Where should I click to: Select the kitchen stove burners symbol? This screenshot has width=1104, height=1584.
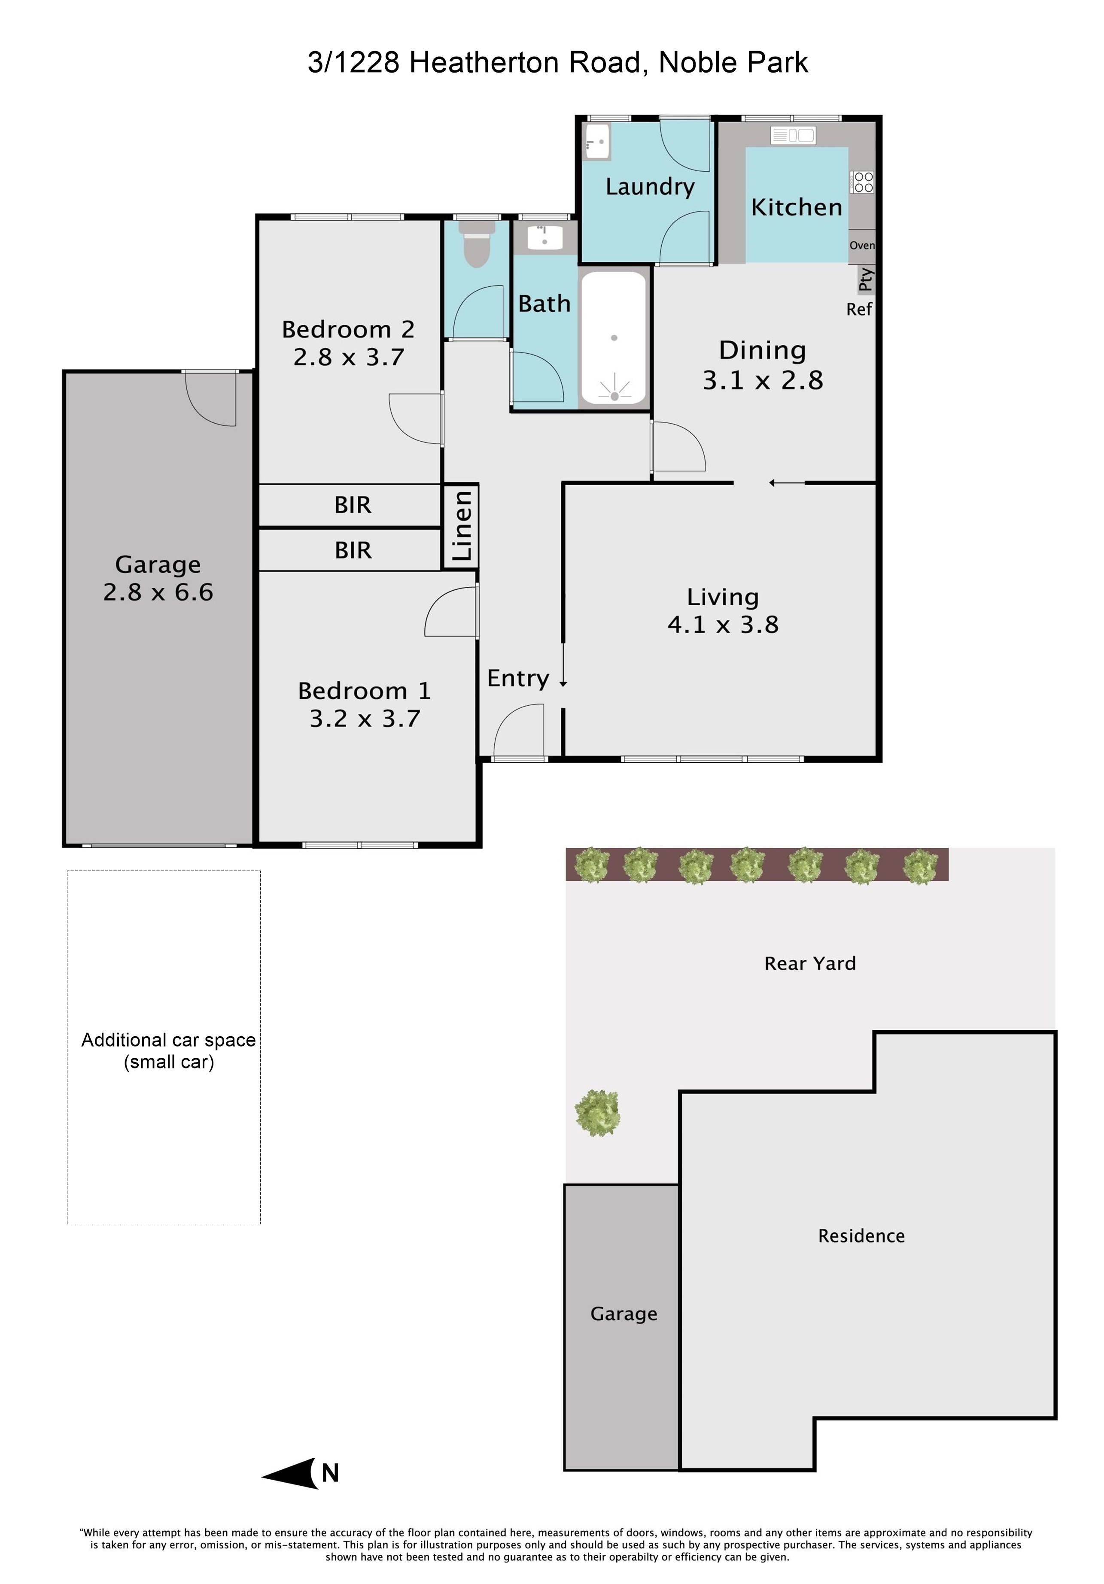pos(863,182)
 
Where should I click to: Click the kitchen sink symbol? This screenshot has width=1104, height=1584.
pos(794,135)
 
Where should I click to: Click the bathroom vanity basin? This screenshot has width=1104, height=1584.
pos(545,236)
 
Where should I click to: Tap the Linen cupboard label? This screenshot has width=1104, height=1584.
pos(461,526)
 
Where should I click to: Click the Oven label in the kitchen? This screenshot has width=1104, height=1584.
pos(862,246)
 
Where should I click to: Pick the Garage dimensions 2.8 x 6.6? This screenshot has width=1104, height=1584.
pos(158,592)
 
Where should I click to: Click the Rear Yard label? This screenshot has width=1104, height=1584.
pos(810,964)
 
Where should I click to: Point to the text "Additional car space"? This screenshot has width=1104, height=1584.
pos(168,1041)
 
